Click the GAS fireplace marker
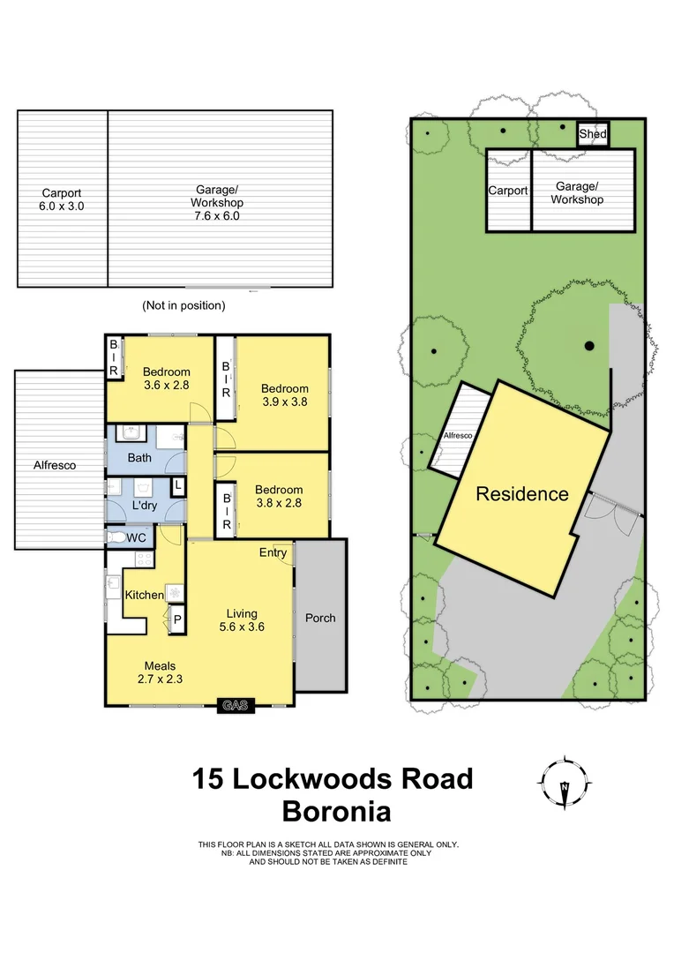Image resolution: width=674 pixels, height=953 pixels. [236, 705]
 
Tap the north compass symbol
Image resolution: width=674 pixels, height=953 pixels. [565, 783]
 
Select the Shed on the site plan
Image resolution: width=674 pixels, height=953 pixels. [593, 134]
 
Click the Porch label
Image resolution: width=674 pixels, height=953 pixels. [320, 618]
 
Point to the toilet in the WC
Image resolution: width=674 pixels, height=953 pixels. [116, 537]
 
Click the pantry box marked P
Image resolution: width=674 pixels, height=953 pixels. [176, 619]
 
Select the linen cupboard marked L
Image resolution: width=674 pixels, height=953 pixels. [177, 486]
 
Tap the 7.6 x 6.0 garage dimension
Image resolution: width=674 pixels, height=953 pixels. [217, 214]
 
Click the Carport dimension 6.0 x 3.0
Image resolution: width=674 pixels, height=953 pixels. [62, 206]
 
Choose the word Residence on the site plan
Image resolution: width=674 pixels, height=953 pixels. [522, 494]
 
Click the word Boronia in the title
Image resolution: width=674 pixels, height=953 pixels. [335, 811]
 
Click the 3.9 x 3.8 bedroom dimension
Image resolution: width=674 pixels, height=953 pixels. [284, 402]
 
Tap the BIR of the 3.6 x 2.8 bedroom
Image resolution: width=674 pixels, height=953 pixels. [114, 358]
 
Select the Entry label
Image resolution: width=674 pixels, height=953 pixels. [273, 553]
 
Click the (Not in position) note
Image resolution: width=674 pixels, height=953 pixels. [183, 305]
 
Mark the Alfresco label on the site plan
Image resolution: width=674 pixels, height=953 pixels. [458, 436]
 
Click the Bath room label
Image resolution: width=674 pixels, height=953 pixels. [139, 457]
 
